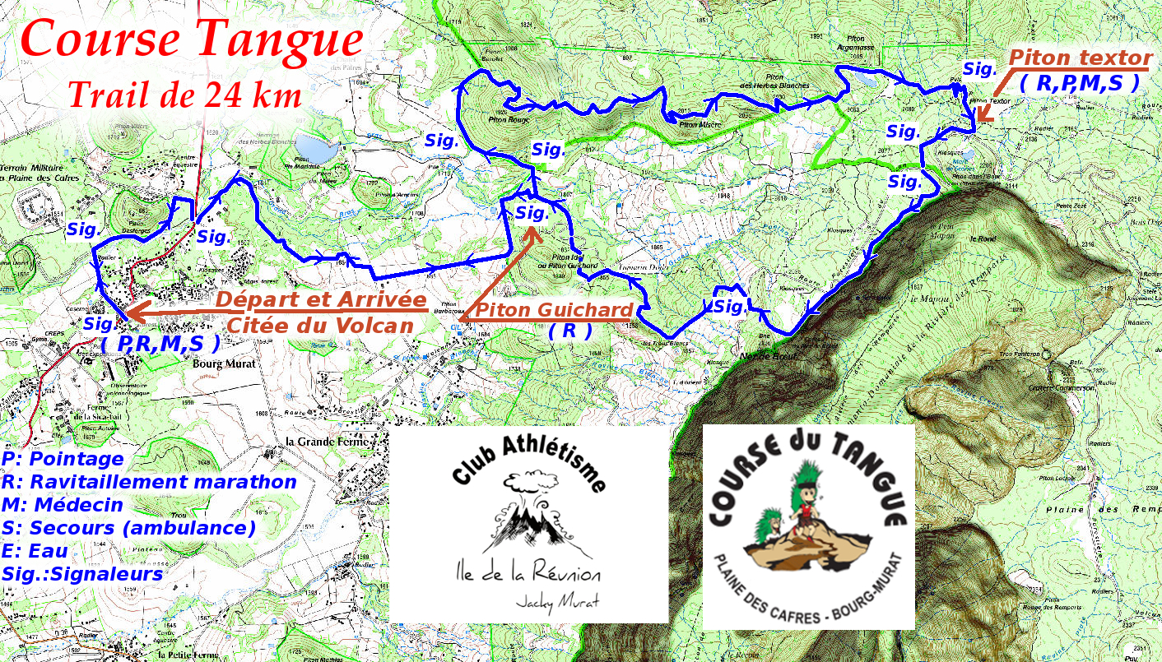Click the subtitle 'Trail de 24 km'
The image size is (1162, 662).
[184, 95]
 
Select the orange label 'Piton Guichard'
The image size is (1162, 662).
[555, 311]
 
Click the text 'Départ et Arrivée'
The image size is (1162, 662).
[321, 300]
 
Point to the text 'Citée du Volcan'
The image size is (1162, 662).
[319, 325]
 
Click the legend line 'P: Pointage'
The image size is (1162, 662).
[63, 459]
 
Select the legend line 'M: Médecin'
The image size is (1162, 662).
[63, 505]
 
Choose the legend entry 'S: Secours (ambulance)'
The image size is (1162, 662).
[129, 528]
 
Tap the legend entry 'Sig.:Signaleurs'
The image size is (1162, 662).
[82, 574]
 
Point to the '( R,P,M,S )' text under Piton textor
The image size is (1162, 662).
[1078, 82]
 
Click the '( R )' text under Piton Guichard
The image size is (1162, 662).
[570, 331]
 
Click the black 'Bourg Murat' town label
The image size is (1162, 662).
[224, 363]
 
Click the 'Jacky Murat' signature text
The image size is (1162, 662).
[557, 601]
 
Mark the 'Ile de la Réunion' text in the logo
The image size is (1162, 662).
[528, 574]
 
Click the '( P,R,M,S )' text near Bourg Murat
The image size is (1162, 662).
[160, 343]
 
